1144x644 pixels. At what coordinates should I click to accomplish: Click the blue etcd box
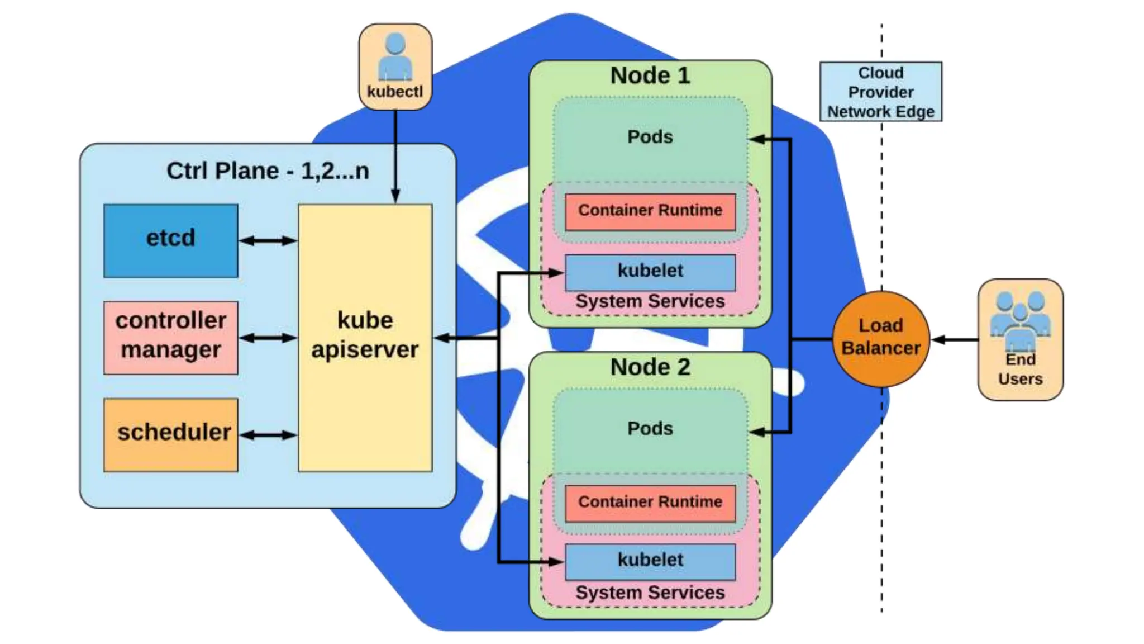(170, 240)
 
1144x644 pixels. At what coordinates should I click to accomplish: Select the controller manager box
(170, 337)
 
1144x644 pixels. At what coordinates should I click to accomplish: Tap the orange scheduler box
(170, 434)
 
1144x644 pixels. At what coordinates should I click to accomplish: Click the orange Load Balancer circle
(881, 338)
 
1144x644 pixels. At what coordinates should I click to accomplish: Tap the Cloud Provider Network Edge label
(880, 92)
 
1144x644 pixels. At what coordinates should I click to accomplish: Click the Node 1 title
(650, 75)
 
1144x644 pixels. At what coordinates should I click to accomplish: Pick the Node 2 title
(650, 367)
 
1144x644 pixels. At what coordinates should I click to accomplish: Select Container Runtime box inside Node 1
(650, 211)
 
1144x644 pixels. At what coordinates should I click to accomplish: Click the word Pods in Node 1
(650, 137)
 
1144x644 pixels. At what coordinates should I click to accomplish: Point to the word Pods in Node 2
(650, 429)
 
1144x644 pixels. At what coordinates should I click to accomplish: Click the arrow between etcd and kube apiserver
(268, 241)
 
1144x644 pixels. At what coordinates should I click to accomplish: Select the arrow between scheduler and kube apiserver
(268, 435)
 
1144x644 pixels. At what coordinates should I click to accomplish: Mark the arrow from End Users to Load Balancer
(954, 339)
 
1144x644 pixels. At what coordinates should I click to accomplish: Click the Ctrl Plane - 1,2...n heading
(268, 171)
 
